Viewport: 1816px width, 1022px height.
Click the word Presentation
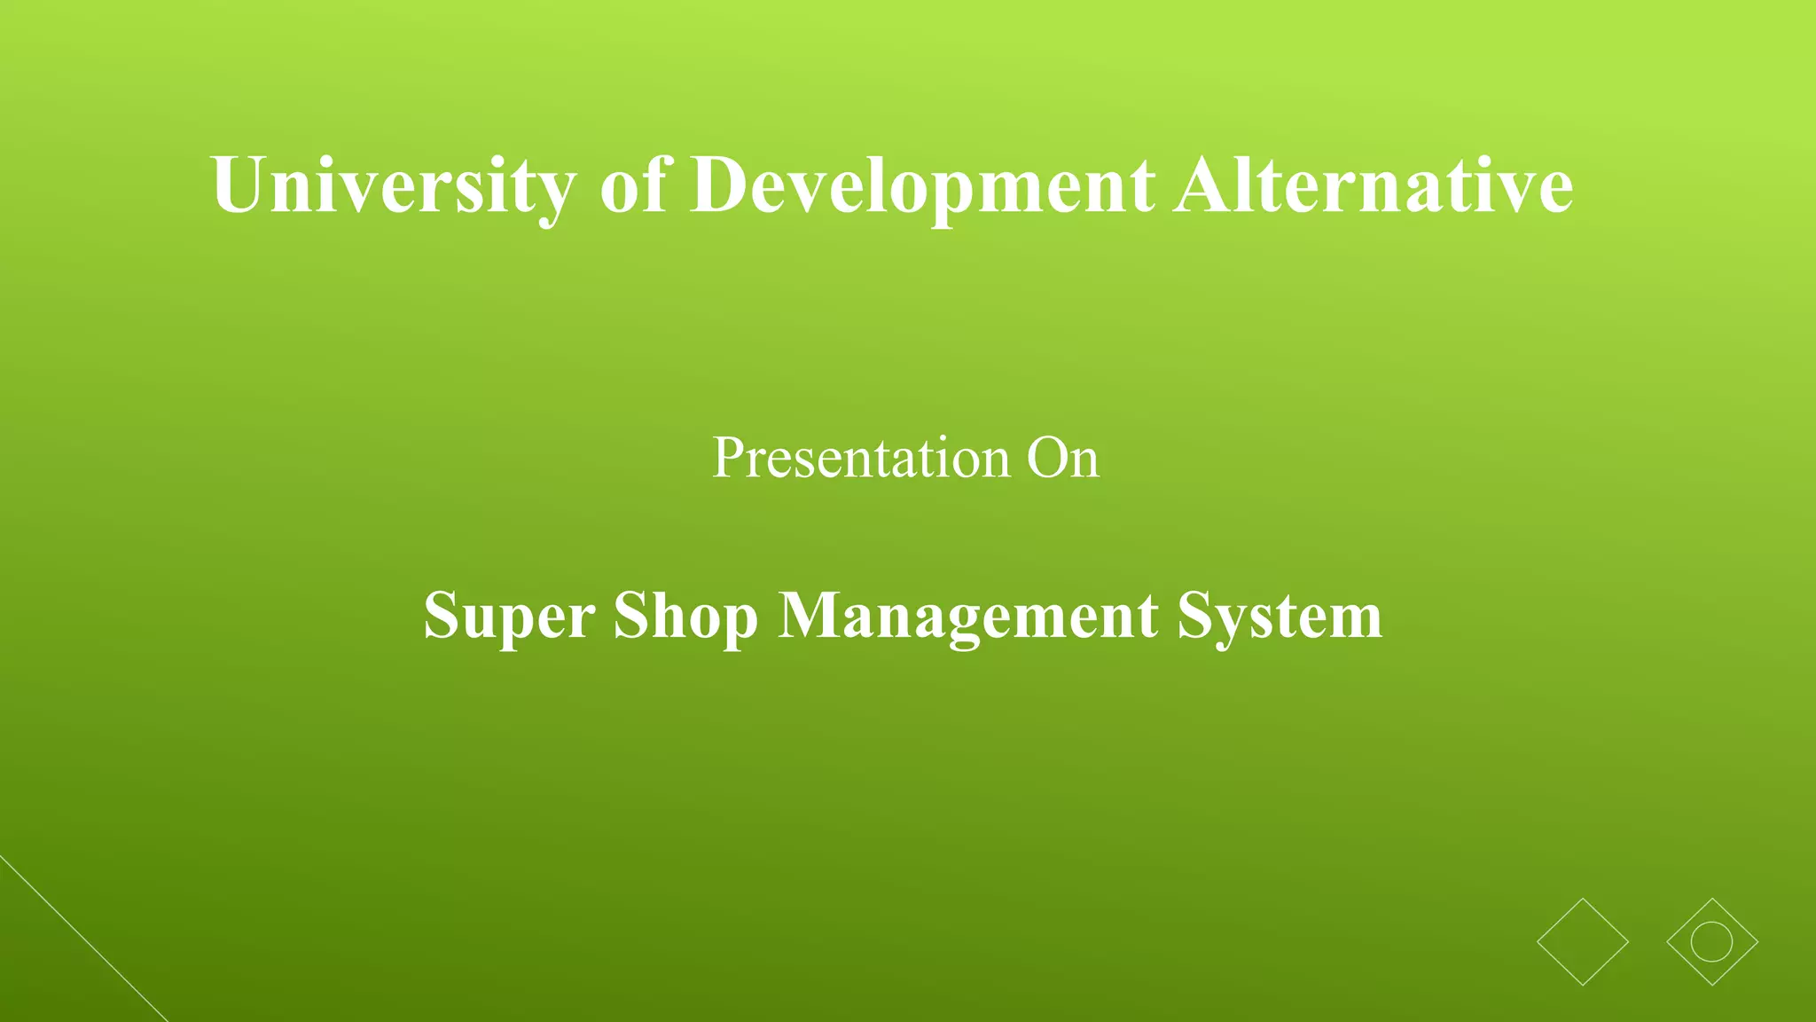click(x=861, y=458)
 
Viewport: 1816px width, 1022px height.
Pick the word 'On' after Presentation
click(x=1062, y=458)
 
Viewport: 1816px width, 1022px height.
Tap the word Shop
click(x=685, y=615)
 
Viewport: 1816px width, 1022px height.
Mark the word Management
click(x=967, y=615)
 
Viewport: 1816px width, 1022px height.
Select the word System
click(x=1280, y=615)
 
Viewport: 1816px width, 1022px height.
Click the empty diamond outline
click(x=1583, y=941)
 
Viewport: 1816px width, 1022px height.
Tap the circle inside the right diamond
click(x=1711, y=941)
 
